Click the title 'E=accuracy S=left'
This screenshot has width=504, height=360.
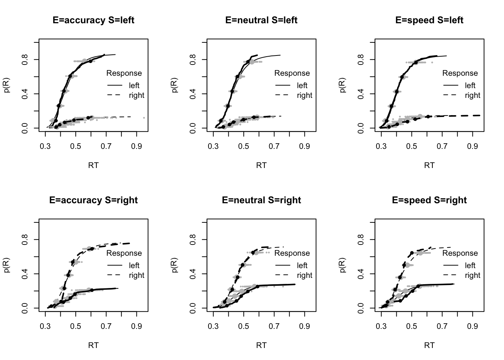[93, 20]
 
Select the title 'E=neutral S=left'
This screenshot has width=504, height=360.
[261, 20]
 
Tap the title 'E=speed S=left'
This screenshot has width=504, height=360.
[429, 20]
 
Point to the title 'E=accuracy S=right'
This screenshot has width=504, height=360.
[93, 200]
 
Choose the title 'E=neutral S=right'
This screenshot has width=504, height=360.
[261, 200]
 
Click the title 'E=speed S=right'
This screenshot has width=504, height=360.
[429, 200]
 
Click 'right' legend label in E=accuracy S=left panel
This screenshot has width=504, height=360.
[136, 95]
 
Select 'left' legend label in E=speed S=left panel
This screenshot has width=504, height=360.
[470, 85]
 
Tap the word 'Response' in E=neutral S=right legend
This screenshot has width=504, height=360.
[292, 253]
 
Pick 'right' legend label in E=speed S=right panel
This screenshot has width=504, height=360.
[472, 275]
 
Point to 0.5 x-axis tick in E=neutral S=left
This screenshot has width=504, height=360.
[244, 146]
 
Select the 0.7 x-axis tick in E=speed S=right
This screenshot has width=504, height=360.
[442, 326]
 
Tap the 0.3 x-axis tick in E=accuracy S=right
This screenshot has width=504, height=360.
[45, 326]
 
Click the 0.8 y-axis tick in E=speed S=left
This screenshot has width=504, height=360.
[361, 60]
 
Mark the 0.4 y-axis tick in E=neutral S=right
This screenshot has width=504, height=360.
[193, 274]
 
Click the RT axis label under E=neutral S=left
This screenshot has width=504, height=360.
[261, 165]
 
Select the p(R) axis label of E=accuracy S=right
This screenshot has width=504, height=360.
[7, 265]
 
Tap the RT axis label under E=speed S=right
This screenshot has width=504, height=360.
[429, 345]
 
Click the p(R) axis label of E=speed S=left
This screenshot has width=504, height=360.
[343, 85]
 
